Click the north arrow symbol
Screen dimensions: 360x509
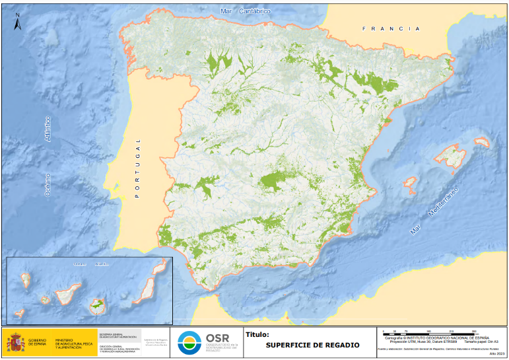pyautogui.click(x=18, y=22)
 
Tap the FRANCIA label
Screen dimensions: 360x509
pyautogui.click(x=391, y=29)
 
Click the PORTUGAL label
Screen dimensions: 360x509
pyautogui.click(x=138, y=168)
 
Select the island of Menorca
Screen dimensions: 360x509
pyautogui.click(x=481, y=141)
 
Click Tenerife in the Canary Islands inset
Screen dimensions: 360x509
pyautogui.click(x=66, y=293)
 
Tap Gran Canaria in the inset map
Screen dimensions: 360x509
pyautogui.click(x=98, y=305)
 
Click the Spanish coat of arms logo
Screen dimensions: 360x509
pyautogui.click(x=15, y=342)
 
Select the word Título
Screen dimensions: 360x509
pyautogui.click(x=257, y=335)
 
